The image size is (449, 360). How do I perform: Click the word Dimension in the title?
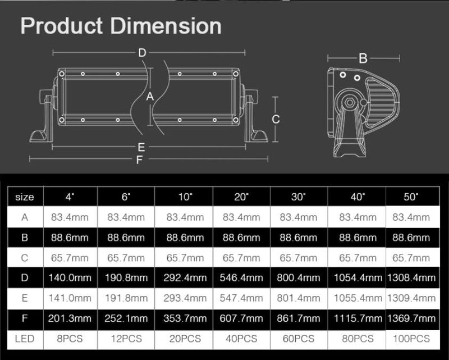166,26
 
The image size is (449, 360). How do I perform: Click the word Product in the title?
62,26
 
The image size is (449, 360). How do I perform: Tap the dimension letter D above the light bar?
143,53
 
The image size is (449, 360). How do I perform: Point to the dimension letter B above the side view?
363,58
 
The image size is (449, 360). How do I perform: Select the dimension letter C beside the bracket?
276,119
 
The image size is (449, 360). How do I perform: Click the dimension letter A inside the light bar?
150,97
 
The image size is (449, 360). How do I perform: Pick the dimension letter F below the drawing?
139,160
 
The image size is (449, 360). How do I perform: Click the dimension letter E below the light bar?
141,147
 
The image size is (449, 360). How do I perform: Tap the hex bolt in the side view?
349,102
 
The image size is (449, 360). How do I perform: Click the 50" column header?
411,197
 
